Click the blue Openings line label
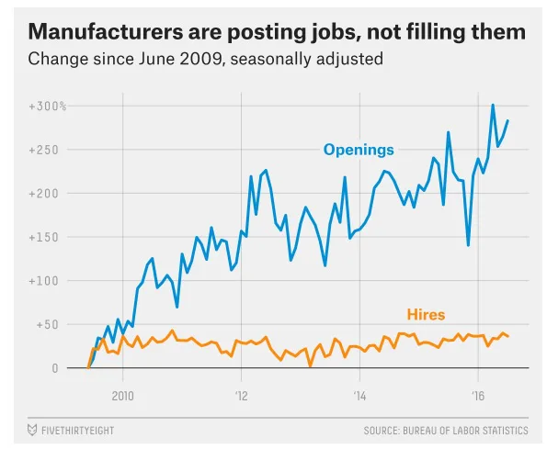(x=358, y=150)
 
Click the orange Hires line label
(x=426, y=315)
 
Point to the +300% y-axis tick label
(x=47, y=107)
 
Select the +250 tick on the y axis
(x=50, y=150)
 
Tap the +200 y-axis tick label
(x=50, y=194)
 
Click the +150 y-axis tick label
(x=50, y=237)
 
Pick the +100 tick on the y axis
(x=50, y=281)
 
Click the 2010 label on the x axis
(x=123, y=397)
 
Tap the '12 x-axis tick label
(x=241, y=397)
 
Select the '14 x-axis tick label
(x=359, y=397)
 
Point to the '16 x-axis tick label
(x=478, y=397)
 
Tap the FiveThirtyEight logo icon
(x=32, y=430)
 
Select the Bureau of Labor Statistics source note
(x=446, y=430)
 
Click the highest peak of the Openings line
(x=493, y=105)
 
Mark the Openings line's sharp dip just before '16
(x=468, y=245)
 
